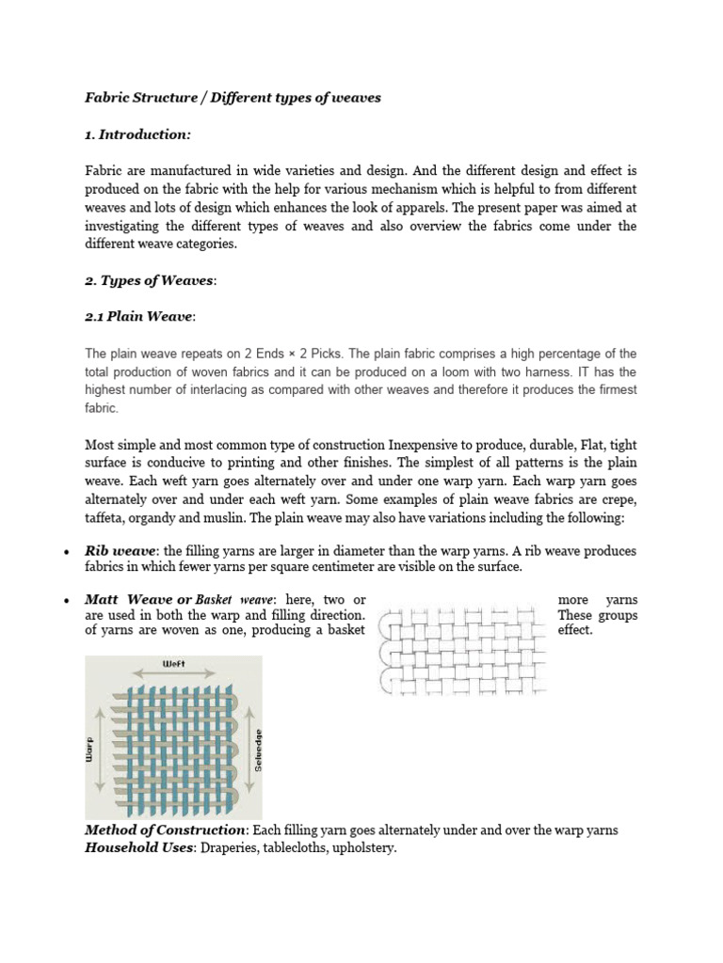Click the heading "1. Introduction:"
tap(137, 134)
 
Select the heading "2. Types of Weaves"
tap(150, 281)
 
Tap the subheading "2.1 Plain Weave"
tap(138, 317)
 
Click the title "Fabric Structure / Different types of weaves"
tap(233, 98)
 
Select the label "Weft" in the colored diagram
tap(174, 664)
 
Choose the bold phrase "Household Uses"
tap(141, 848)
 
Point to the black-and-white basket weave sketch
tap(466, 650)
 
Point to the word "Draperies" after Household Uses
tap(236, 848)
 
